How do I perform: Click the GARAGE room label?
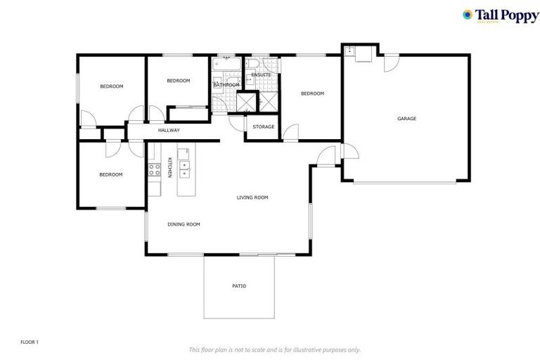tap(406, 119)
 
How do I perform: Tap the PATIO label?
tap(239, 286)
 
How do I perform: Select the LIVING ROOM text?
tap(252, 198)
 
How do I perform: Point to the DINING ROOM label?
tap(184, 224)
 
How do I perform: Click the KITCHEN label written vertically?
tap(169, 168)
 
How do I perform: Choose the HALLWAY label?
tap(169, 130)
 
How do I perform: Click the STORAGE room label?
tap(264, 127)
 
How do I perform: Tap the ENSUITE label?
tap(261, 75)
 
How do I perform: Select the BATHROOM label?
tap(226, 85)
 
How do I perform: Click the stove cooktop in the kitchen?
tap(154, 169)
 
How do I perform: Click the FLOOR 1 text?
tap(30, 342)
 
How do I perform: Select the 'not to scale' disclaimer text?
tap(274, 349)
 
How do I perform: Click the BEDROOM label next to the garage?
tap(312, 94)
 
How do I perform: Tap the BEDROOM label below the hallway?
tap(110, 174)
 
